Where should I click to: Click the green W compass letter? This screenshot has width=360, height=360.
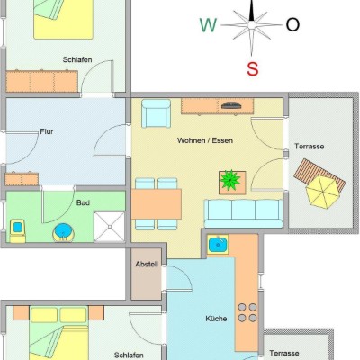point(208,25)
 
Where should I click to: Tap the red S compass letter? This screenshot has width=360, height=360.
point(253,68)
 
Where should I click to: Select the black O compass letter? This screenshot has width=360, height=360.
point(292,24)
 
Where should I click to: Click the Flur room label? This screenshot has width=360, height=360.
point(47,131)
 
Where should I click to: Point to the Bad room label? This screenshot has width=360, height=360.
point(83,202)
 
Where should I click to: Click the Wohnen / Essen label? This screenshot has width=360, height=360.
point(205,140)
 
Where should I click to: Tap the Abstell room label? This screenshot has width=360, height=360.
point(147,265)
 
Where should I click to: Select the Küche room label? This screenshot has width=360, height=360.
point(216,319)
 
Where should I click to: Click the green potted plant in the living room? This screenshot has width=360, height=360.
point(230,180)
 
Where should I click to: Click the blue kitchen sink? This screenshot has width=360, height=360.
point(218,245)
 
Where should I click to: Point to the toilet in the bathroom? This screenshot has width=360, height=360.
point(18,230)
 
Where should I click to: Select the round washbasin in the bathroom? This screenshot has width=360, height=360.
point(65,232)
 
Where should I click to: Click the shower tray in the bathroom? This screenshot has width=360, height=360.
point(109,227)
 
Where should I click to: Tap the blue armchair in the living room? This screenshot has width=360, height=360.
point(156,113)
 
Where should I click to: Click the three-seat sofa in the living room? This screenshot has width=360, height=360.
point(243,213)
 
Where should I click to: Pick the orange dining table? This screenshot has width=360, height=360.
point(157,204)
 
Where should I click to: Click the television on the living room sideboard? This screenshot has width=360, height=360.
point(230,105)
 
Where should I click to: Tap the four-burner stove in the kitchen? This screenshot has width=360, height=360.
point(247,312)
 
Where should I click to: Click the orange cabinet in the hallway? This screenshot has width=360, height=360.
point(22,179)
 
